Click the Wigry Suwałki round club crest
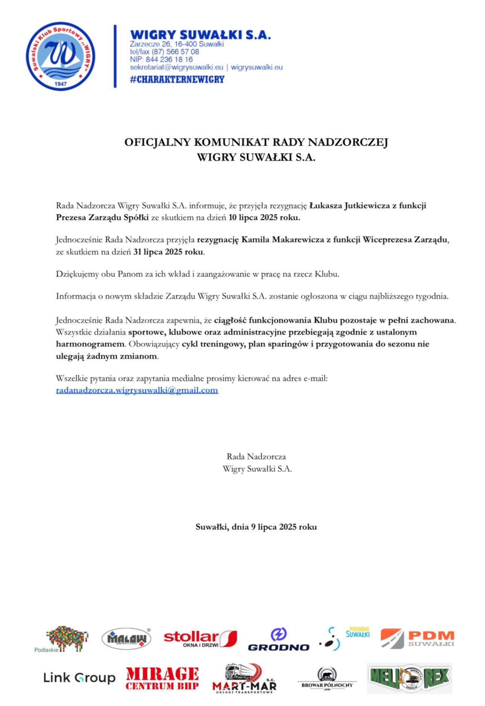pyautogui.click(x=60, y=56)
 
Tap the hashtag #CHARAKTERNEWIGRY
pyautogui.click(x=177, y=79)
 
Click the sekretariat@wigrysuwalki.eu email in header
pyautogui.click(x=176, y=67)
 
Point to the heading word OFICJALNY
pyautogui.click(x=158, y=142)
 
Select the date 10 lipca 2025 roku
pyautogui.click(x=264, y=218)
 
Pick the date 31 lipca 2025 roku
pyautogui.click(x=168, y=252)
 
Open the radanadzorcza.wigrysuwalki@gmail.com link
pyautogui.click(x=137, y=390)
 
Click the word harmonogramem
pyautogui.click(x=90, y=344)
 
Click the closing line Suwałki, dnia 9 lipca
pyautogui.click(x=256, y=527)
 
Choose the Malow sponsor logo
pyautogui.click(x=126, y=638)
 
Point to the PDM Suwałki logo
pyautogui.click(x=417, y=638)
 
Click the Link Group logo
pyautogui.click(x=79, y=678)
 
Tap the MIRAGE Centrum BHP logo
pyautogui.click(x=162, y=678)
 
